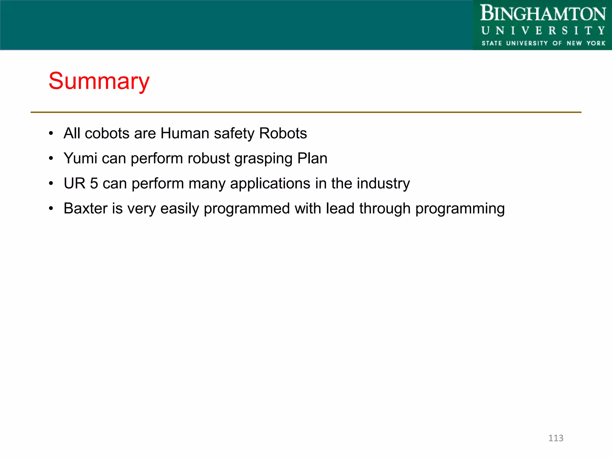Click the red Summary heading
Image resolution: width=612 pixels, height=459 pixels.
[x=99, y=81]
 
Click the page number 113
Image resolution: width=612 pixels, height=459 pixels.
[x=556, y=438]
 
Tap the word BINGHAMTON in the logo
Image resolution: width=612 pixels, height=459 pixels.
[x=543, y=14]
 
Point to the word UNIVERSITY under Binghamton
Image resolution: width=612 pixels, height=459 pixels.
[x=543, y=30]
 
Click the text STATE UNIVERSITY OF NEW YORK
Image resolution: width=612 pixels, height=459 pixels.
[x=543, y=43]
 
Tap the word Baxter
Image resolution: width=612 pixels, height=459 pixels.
[x=85, y=208]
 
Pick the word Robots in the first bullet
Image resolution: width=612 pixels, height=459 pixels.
[x=283, y=133]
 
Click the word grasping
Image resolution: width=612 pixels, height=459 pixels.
[x=263, y=159]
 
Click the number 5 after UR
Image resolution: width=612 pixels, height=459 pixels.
[x=94, y=183]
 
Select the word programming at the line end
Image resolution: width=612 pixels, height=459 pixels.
[x=460, y=209]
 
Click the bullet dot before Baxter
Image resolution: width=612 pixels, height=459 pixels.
[x=51, y=208]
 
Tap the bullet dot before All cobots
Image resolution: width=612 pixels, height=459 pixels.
[x=51, y=133]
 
